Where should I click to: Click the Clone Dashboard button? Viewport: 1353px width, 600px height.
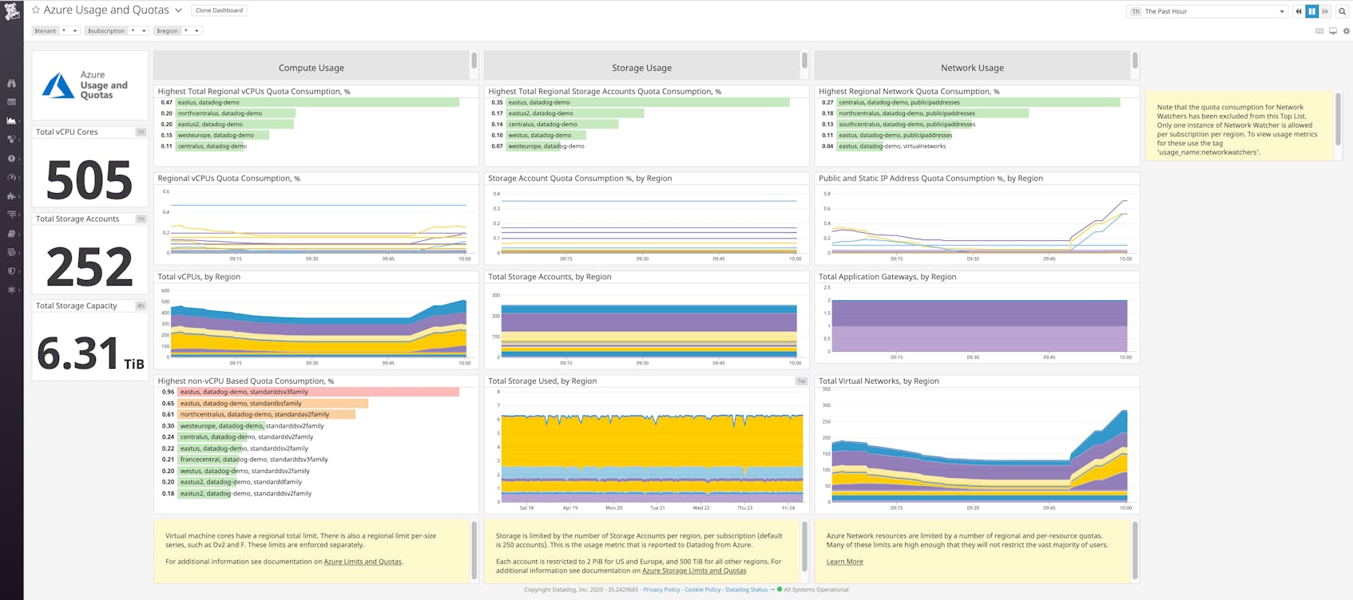219,10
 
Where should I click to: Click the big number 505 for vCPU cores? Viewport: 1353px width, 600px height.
89,180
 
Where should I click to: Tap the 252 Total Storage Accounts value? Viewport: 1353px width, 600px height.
89,266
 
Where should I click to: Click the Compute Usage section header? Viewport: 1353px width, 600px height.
311,68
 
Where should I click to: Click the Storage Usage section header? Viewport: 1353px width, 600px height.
641,68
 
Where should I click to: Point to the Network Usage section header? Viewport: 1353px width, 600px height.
972,68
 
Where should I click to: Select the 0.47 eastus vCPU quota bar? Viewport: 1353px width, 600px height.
317,102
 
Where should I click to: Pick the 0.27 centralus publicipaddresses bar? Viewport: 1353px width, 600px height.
978,102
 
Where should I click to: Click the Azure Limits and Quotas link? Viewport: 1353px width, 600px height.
362,562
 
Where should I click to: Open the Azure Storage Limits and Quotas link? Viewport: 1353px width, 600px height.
694,570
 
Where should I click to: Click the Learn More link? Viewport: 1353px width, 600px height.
844,562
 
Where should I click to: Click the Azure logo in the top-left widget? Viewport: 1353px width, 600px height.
58,85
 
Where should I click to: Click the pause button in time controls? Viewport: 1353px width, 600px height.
1311,11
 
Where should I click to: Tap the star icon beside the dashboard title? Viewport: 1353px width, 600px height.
36,10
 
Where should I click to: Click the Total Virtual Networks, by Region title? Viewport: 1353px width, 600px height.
879,381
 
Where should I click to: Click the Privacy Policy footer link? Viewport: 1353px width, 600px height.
661,590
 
